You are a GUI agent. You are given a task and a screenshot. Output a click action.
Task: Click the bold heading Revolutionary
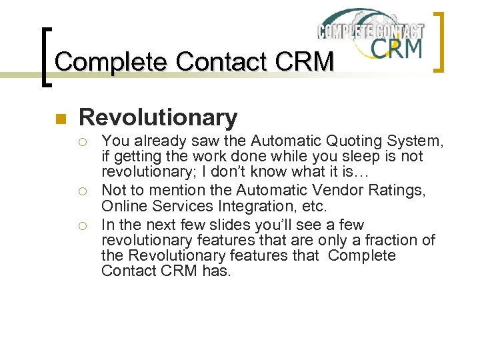(x=158, y=118)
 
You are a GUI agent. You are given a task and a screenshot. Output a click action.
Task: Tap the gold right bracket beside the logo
(x=439, y=41)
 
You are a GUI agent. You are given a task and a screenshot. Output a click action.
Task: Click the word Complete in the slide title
(x=111, y=62)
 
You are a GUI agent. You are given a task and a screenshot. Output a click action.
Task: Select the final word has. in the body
(x=217, y=271)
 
